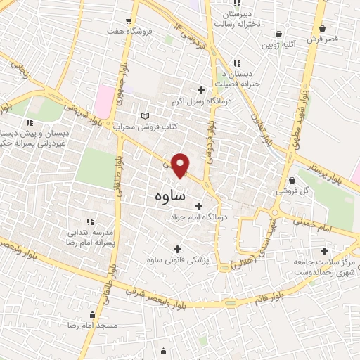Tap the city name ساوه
tap(169, 195)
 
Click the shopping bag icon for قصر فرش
tap(323, 28)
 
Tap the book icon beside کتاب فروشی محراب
tap(146, 116)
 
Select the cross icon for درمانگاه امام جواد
tap(198, 206)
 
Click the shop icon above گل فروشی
tap(291, 180)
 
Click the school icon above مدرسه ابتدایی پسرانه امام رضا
tap(89, 221)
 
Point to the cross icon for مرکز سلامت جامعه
tap(324, 251)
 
